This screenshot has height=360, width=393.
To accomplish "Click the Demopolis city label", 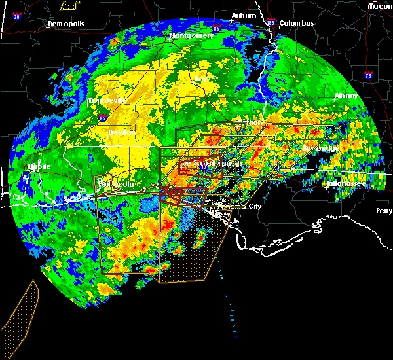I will pyautogui.click(x=68, y=24).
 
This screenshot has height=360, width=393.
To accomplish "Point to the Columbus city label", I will pyautogui.click(x=297, y=24).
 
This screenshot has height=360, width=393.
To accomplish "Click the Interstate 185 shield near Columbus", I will pyautogui.click(x=271, y=23).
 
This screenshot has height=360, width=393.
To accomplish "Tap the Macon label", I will pyautogui.click(x=380, y=6).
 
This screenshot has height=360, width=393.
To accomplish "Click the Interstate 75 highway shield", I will pyautogui.click(x=369, y=75).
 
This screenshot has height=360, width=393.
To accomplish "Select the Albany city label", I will pyautogui.click(x=346, y=96).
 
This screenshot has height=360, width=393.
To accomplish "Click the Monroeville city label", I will pyautogui.click(x=107, y=101).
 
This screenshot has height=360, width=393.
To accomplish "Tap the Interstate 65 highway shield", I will pyautogui.click(x=103, y=118).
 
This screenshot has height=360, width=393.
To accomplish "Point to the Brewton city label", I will pyautogui.click(x=122, y=132).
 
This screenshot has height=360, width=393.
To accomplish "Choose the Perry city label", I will pyautogui.click(x=384, y=211).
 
